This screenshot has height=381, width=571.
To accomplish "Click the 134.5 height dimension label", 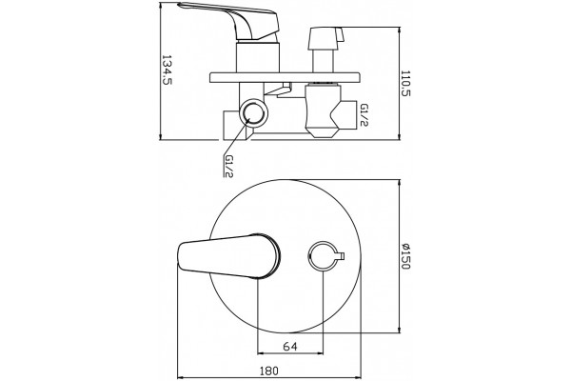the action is [x=167, y=70].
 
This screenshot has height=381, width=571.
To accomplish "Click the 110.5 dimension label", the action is [x=405, y=83].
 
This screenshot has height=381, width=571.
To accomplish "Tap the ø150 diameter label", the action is [x=405, y=256].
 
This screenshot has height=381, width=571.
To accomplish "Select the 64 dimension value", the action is [x=290, y=346].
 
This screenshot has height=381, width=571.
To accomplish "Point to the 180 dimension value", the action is [x=269, y=371].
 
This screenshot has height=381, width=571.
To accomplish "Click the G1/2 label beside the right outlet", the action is [x=364, y=115].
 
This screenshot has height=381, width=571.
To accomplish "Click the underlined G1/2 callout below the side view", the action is [x=228, y=167].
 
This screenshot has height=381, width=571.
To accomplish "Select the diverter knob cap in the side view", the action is [x=325, y=38].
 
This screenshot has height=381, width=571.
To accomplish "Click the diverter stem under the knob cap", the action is [x=323, y=61].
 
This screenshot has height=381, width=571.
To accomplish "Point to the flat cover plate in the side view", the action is [x=285, y=78].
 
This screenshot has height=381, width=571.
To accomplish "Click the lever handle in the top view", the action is [x=229, y=256].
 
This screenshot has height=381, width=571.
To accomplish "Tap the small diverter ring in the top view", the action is [x=323, y=256].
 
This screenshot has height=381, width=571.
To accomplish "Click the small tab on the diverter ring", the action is [x=342, y=256].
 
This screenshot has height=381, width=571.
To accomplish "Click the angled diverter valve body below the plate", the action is [x=323, y=110].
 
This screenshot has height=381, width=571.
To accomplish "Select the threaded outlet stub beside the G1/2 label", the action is [x=346, y=115].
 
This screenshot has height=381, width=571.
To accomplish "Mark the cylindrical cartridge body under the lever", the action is [x=258, y=57].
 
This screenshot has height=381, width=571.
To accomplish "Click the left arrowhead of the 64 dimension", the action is [x=261, y=353].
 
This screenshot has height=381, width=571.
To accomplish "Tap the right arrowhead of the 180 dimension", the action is [x=358, y=378].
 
